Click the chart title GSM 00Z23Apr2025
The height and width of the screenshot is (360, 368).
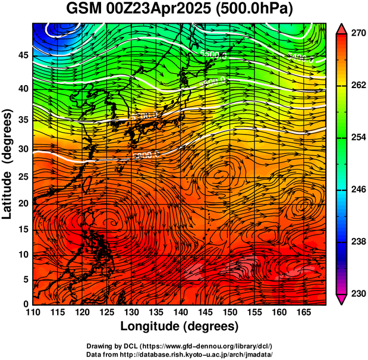coord(141,9)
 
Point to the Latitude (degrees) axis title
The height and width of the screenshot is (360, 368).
coord(8,164)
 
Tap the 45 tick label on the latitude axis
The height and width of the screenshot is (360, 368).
coord(23,55)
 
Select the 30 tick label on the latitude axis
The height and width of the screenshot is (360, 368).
coord(23,149)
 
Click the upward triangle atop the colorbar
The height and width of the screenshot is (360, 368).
coord(342,29)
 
